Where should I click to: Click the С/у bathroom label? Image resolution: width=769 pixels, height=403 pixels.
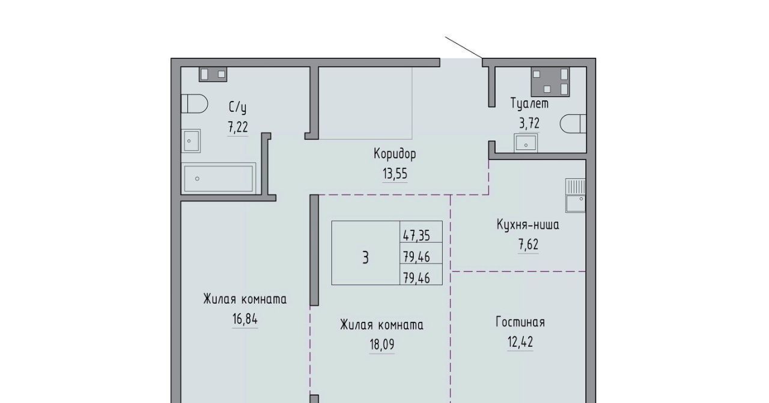pyautogui.click(x=237, y=107)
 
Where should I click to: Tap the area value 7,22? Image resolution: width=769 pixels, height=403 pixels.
pyautogui.click(x=237, y=127)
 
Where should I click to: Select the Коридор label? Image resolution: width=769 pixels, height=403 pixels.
pyautogui.click(x=395, y=154)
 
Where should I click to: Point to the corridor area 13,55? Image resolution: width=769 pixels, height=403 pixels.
pyautogui.click(x=395, y=174)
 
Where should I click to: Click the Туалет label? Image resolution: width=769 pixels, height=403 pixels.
pyautogui.click(x=529, y=103)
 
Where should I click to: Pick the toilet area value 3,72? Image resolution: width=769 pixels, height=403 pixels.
pyautogui.click(x=529, y=123)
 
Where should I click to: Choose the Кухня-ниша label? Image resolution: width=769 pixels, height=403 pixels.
pyautogui.click(x=527, y=225)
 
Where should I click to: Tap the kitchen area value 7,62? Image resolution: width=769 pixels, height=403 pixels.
pyautogui.click(x=528, y=245)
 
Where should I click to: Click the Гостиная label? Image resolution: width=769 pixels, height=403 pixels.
pyautogui.click(x=520, y=322)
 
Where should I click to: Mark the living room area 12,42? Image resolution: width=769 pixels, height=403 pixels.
pyautogui.click(x=520, y=342)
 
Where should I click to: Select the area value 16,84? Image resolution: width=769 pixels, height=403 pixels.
pyautogui.click(x=245, y=319)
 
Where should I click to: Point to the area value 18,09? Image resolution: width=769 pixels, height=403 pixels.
pyautogui.click(x=381, y=344)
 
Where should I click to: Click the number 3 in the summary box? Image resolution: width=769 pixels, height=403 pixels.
pyautogui.click(x=365, y=257)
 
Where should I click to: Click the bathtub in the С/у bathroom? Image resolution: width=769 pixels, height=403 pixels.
pyautogui.click(x=218, y=179)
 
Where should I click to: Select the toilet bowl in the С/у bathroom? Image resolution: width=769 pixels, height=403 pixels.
pyautogui.click(x=194, y=103)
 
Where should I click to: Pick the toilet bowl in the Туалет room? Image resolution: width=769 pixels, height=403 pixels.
pyautogui.click(x=573, y=124)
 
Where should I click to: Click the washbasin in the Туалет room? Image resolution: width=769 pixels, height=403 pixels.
pyautogui.click(x=526, y=143)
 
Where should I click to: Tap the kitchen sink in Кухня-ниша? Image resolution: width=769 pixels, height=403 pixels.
pyautogui.click(x=576, y=195)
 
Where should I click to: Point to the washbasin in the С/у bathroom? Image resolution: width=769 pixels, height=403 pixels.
pyautogui.click(x=191, y=141)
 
